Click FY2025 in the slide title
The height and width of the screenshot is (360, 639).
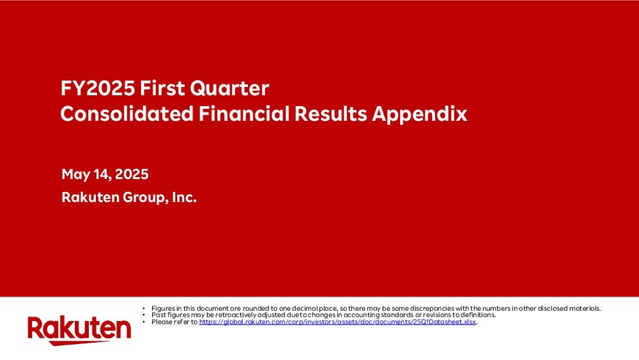click(x=98, y=88)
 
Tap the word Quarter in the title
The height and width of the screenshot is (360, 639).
click(x=229, y=88)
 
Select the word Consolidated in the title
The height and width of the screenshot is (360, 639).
click(x=127, y=113)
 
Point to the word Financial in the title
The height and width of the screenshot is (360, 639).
click(x=243, y=113)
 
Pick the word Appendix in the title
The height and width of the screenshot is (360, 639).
click(x=419, y=114)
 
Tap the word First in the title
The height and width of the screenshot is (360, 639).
click(x=162, y=88)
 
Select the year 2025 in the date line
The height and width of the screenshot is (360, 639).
click(x=132, y=174)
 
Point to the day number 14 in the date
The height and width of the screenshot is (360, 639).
click(x=102, y=175)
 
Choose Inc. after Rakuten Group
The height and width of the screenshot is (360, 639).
click(x=184, y=198)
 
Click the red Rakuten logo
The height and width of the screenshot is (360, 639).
click(x=79, y=330)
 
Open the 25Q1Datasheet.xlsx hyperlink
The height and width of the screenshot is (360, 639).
click(x=337, y=322)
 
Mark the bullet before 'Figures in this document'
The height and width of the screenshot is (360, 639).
click(x=144, y=309)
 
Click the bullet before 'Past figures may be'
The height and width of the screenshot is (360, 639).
click(x=144, y=315)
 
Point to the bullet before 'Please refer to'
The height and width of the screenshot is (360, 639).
click(x=144, y=322)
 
